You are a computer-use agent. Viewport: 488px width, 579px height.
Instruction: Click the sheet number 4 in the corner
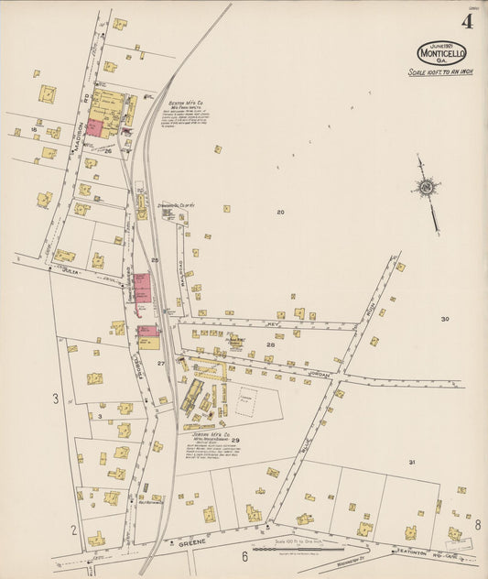point(467,23)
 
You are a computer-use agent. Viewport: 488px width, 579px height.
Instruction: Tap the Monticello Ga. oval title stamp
point(441,52)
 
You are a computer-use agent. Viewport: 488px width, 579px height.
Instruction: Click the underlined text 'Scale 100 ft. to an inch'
point(440,71)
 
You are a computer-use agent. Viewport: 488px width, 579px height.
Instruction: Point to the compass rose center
point(426,189)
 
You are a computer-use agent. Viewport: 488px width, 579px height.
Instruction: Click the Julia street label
point(68,271)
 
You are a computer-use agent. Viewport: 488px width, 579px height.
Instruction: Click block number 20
point(281,212)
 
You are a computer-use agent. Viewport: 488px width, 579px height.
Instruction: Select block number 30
point(444,319)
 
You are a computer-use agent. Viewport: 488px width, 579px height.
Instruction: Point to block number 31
point(412,463)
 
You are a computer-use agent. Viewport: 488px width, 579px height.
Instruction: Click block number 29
point(235,441)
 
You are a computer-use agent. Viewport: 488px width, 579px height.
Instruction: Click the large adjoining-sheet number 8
point(477,525)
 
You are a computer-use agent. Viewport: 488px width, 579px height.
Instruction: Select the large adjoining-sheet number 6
point(244,556)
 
